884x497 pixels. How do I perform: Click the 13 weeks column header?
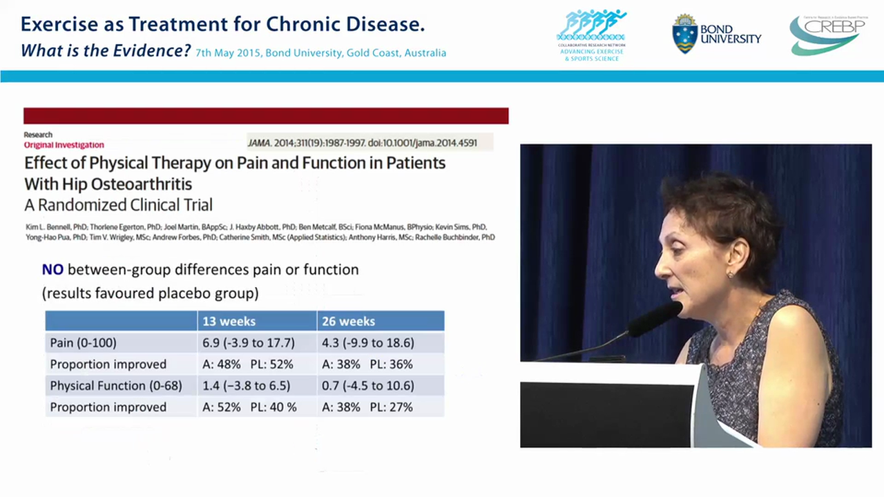click(229, 321)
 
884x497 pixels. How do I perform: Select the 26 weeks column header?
click(348, 321)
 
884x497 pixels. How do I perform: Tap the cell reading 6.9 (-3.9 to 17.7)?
click(249, 342)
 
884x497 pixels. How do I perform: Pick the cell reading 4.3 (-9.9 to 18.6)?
click(367, 342)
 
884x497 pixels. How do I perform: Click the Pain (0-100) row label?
click(83, 342)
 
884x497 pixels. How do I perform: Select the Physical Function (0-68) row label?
click(116, 385)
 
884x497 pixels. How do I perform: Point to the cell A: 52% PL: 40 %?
click(249, 407)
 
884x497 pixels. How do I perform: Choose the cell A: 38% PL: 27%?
click(367, 407)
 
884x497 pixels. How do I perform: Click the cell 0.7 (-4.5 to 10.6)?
click(367, 385)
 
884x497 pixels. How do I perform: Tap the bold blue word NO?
click(52, 270)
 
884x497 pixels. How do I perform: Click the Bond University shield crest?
click(684, 34)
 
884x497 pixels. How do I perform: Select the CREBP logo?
click(825, 35)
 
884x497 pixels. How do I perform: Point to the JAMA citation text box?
click(370, 143)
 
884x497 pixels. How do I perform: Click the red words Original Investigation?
click(64, 145)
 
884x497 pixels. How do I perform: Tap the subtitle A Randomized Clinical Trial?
click(118, 205)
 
